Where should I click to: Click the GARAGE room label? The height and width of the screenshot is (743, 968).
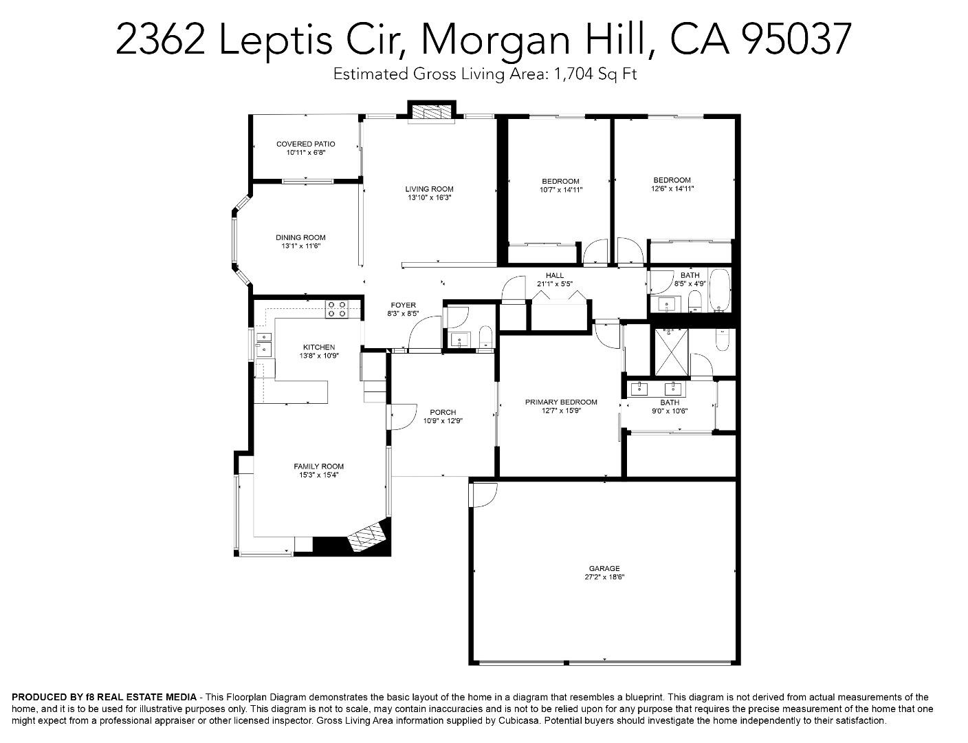point(604,568)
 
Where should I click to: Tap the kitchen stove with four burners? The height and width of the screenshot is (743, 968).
point(336,309)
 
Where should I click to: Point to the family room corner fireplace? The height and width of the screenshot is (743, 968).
point(368,535)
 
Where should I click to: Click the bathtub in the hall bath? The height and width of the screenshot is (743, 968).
point(719,290)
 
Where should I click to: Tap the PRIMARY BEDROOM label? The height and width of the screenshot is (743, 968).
point(561,402)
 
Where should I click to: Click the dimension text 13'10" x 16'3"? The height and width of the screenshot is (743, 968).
point(429,197)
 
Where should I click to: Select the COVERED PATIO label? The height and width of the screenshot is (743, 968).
point(305,144)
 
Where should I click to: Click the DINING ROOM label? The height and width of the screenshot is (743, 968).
point(300,237)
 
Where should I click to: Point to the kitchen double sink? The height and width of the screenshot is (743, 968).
point(264,343)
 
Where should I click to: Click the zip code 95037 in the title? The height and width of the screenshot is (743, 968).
point(797,39)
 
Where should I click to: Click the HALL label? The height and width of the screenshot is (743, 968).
point(555,275)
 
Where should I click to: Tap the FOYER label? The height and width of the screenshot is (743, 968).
point(403,305)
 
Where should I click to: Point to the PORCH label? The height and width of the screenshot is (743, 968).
point(443,412)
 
